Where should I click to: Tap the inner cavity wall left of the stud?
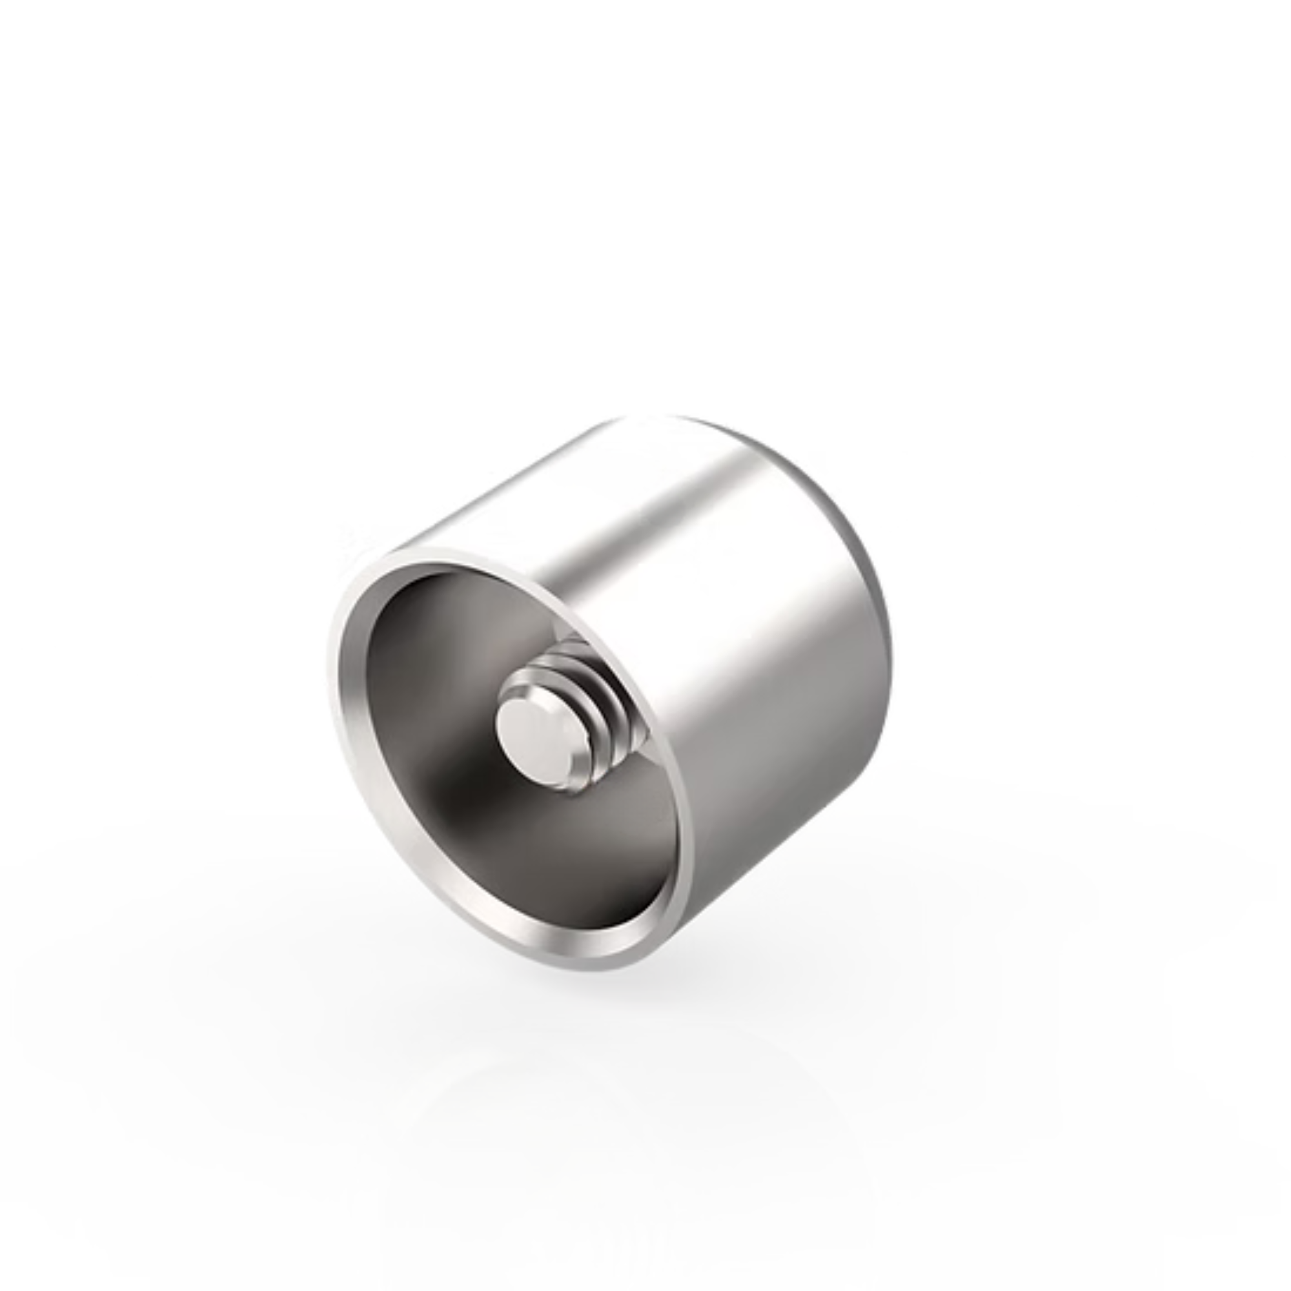coord(414,722)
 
